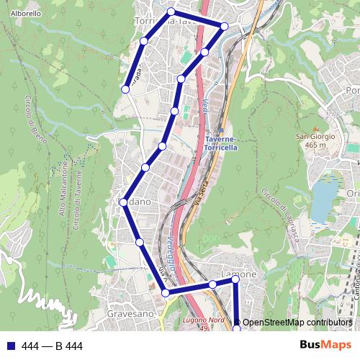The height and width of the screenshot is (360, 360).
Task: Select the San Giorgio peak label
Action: click(311, 135)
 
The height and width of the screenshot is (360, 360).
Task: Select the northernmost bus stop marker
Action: click(171, 12)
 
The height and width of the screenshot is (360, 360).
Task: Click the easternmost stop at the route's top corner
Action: click(224, 26)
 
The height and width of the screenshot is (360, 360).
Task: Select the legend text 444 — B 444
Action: click(53, 346)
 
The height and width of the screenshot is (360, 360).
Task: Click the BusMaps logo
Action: click(325, 345)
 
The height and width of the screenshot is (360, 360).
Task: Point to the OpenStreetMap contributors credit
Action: click(297, 323)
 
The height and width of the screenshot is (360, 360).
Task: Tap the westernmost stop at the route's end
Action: click(125, 89)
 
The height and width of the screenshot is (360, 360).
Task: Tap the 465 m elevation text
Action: click(311, 144)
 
